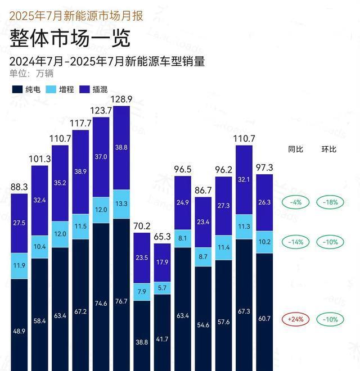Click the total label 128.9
click(121, 99)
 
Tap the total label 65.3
click(163, 237)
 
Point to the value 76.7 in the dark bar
click(121, 302)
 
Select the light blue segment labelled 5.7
click(163, 288)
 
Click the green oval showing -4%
click(295, 202)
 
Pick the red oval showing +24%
click(295, 319)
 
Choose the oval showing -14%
click(295, 242)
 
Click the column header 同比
click(295, 150)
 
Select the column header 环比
click(328, 150)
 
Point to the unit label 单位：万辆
click(33, 73)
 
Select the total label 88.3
click(19, 187)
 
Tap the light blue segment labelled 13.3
click(121, 203)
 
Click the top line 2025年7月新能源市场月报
click(76, 16)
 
